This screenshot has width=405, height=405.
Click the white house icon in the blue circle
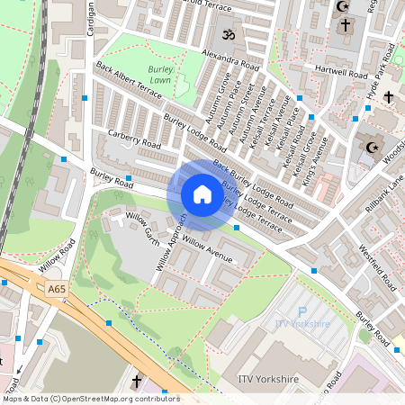(x=202, y=194)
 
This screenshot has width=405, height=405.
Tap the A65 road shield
(x=58, y=289)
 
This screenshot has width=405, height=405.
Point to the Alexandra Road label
(x=231, y=60)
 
